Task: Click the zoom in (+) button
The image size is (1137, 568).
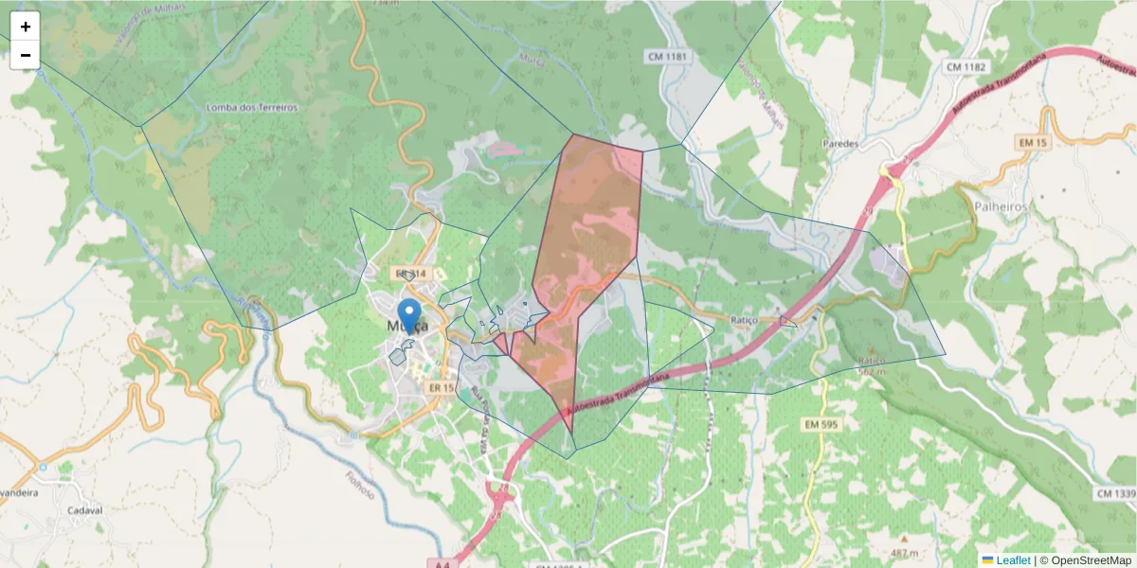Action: click(26, 27)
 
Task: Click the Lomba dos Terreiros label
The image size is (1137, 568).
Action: click(252, 108)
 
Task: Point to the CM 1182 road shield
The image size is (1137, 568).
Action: click(966, 66)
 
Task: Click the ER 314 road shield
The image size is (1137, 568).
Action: click(412, 274)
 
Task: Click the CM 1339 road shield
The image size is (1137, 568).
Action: click(1116, 494)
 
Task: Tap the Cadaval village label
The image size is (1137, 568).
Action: click(84, 509)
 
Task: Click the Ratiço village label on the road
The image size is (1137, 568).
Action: click(745, 320)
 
